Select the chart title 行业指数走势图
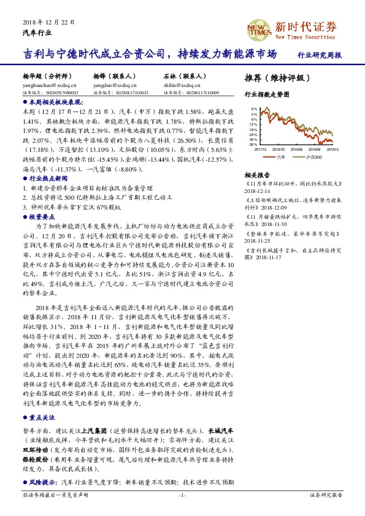(x=267, y=95)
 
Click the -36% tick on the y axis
(x=252, y=145)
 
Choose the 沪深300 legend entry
(x=313, y=157)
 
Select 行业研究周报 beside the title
(x=319, y=55)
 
